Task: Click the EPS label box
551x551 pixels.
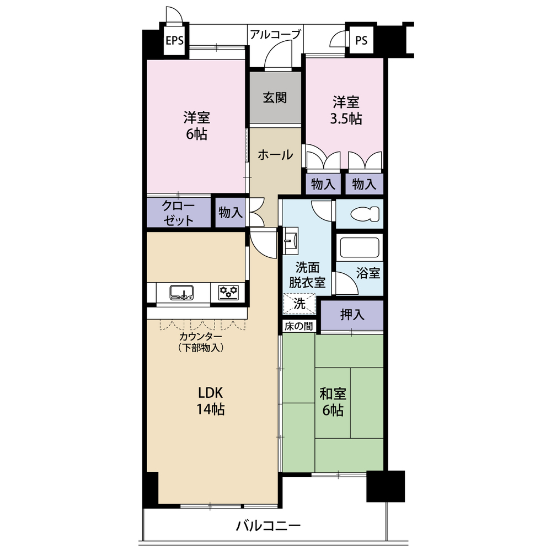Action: (174, 41)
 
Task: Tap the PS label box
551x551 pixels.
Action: (361, 41)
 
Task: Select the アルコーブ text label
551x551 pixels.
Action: (275, 34)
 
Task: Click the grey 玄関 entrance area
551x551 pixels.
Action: (275, 98)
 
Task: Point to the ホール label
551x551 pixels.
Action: (275, 155)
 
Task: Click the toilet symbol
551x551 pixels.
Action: (365, 214)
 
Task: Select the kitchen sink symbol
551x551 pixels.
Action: (181, 293)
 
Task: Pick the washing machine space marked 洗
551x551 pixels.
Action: (299, 304)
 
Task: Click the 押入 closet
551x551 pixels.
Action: (352, 315)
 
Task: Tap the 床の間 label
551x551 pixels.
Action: (298, 326)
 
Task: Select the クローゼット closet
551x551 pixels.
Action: (178, 213)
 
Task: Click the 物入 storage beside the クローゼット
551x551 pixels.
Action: (230, 213)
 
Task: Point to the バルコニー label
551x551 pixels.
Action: (268, 526)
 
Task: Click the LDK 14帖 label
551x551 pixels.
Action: (210, 401)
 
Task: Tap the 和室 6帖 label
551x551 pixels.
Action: (333, 402)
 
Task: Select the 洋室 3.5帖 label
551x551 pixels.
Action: (345, 110)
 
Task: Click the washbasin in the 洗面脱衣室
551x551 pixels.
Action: (291, 241)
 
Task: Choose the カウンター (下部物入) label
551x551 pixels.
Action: (201, 342)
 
